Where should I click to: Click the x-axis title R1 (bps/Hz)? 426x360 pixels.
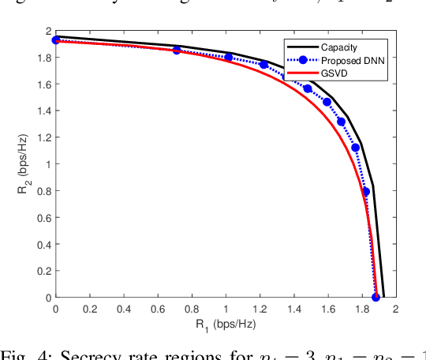225,324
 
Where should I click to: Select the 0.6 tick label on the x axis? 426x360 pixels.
158,309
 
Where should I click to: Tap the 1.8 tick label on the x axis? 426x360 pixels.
361,309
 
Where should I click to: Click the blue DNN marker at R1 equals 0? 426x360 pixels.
56,39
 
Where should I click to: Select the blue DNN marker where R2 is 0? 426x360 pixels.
376,297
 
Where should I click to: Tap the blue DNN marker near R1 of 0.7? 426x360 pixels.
177,50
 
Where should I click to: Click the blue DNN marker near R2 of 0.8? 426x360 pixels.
366,191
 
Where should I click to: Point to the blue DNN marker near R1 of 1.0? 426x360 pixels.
229,57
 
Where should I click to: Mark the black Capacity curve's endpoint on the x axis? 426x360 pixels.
384,297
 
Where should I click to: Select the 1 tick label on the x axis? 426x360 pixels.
226,309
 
